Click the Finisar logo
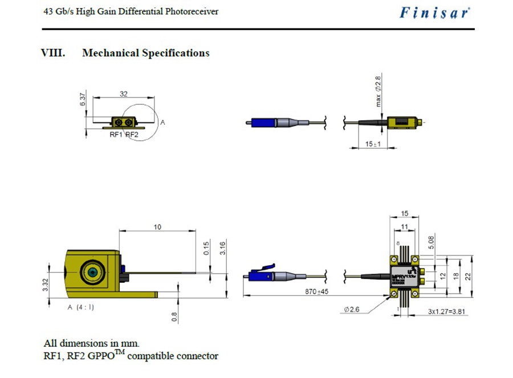(435, 13)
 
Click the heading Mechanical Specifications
(145, 53)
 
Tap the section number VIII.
(53, 53)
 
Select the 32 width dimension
(123, 95)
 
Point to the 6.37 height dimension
(83, 101)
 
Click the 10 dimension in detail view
(157, 227)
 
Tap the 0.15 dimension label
(206, 249)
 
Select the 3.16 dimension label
(223, 249)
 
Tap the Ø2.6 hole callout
(351, 310)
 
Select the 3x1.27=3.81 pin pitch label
(447, 312)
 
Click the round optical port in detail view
(89, 273)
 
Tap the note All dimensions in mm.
(91, 344)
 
